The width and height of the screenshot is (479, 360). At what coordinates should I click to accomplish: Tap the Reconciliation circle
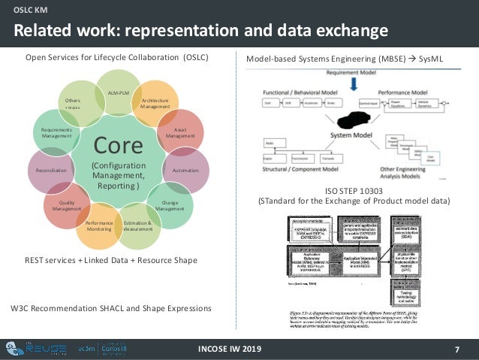pos(50,171)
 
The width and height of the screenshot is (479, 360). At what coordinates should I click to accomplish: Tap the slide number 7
pos(457,350)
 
